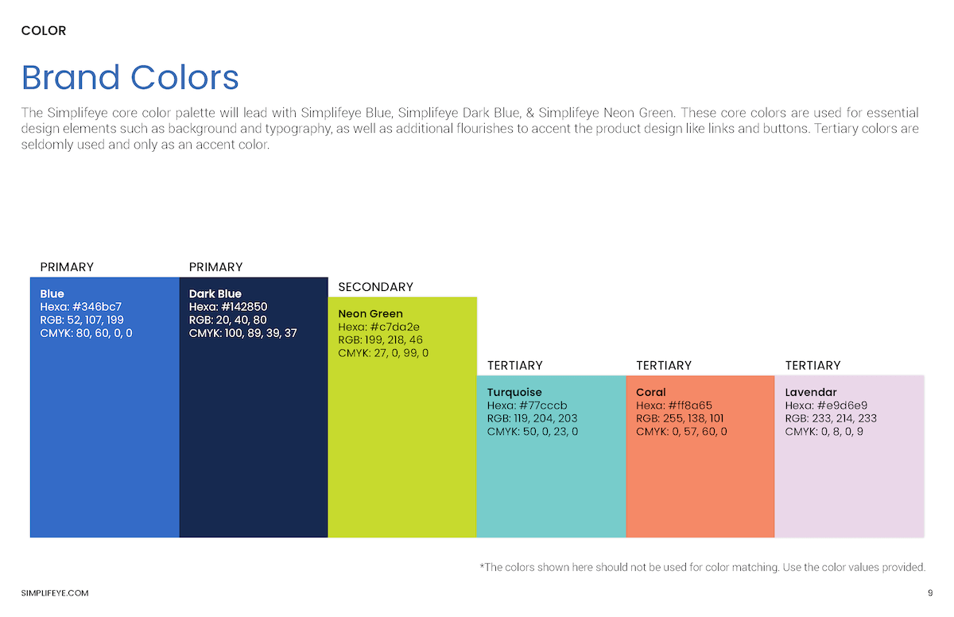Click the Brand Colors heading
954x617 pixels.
click(130, 78)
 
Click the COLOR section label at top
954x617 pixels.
click(44, 31)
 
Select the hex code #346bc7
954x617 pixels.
click(96, 307)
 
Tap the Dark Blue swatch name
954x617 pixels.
click(215, 293)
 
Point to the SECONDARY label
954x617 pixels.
click(375, 287)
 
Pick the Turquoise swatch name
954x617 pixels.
click(514, 392)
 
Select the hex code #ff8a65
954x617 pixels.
click(690, 406)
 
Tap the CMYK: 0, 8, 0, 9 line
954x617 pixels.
click(824, 432)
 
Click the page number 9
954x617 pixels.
click(929, 593)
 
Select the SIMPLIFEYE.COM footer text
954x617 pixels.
click(55, 593)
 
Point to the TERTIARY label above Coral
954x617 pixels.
click(664, 366)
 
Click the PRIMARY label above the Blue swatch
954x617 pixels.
click(67, 267)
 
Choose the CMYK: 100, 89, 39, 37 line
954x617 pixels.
click(242, 333)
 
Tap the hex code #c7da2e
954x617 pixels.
click(394, 327)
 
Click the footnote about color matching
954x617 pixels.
click(702, 567)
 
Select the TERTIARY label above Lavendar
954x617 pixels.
click(812, 366)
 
